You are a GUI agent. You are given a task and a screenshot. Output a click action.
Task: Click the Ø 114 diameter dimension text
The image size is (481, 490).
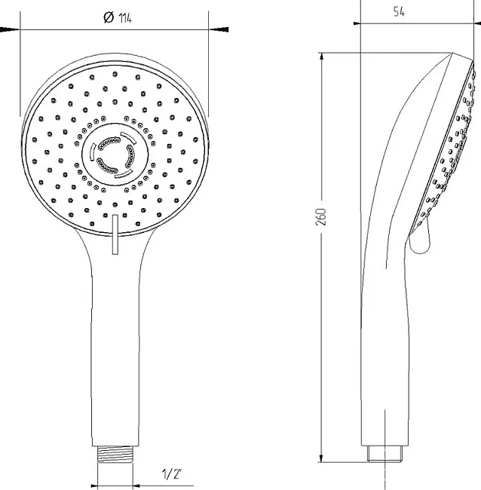point(118,18)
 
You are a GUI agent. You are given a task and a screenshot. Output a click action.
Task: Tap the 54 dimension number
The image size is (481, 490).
point(399,12)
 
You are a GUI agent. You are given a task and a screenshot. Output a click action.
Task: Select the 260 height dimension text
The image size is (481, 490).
point(321,217)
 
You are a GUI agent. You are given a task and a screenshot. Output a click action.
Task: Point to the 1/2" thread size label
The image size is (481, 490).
point(172,474)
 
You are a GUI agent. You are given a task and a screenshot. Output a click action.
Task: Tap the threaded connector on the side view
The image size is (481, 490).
point(385,454)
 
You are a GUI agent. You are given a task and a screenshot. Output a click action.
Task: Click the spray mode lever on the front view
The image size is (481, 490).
point(115,234)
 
